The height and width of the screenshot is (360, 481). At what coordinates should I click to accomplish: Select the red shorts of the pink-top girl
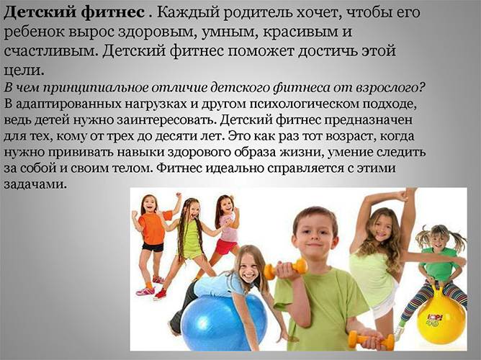click(x=226, y=247)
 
